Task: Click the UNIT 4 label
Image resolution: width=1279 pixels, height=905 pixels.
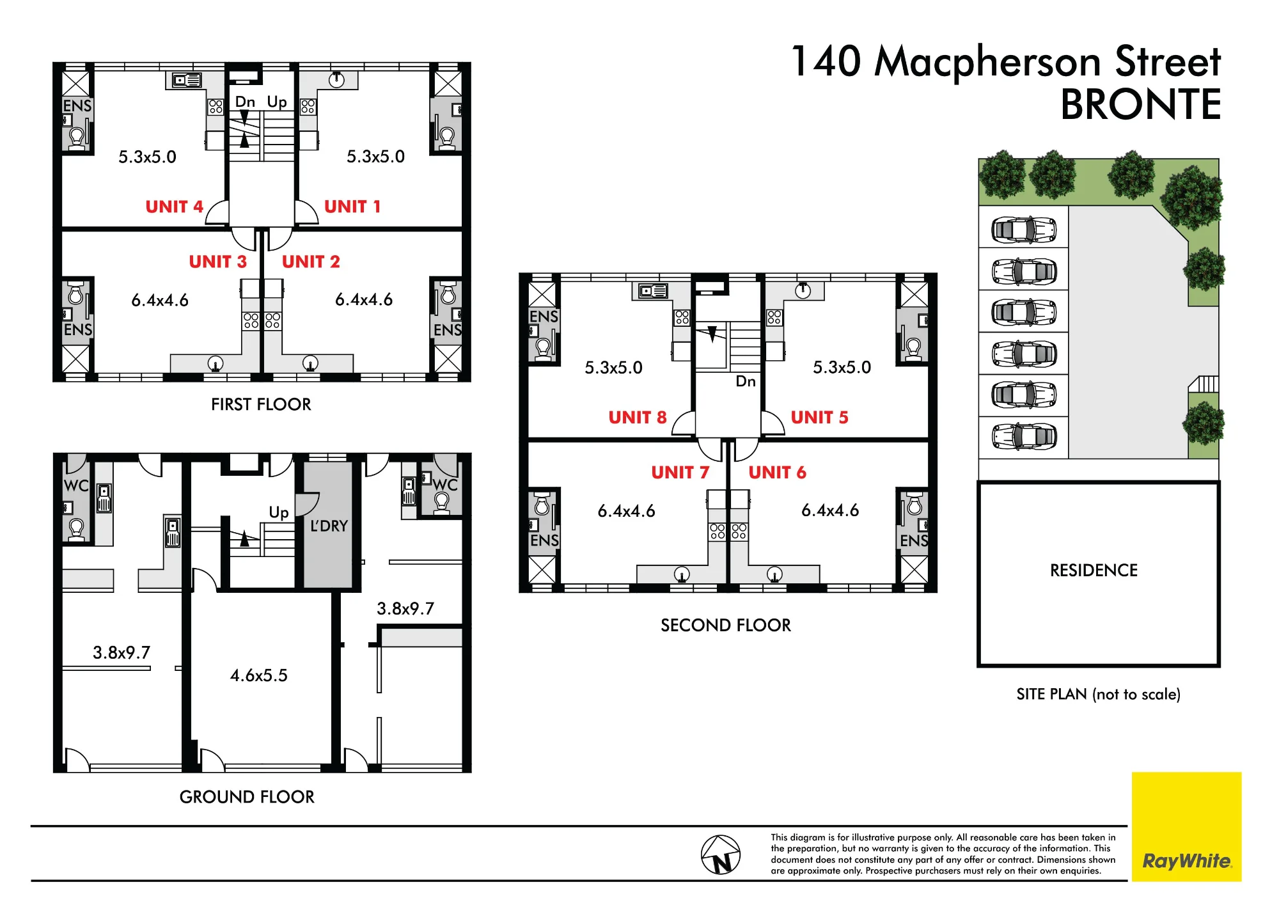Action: (174, 207)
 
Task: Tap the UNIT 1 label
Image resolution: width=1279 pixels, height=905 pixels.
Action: (352, 207)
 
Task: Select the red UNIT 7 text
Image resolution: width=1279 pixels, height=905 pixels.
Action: (680, 472)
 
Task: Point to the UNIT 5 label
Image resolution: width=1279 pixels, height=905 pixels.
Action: (819, 417)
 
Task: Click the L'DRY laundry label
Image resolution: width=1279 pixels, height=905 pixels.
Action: (329, 526)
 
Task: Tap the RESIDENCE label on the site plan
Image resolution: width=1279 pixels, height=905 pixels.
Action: (1094, 570)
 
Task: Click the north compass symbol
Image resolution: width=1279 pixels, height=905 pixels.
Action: (721, 854)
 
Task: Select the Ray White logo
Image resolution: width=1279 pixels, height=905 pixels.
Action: (1186, 826)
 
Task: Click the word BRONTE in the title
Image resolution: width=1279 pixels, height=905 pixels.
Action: (1141, 104)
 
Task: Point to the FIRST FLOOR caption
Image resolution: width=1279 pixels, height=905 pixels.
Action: (261, 404)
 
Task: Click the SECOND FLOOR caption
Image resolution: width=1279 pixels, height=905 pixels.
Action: (726, 625)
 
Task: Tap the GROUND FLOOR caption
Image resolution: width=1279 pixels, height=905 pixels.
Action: (247, 797)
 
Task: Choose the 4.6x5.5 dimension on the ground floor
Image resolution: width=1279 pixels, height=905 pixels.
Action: (259, 675)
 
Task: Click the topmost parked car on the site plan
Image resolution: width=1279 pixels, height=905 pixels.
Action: (1023, 230)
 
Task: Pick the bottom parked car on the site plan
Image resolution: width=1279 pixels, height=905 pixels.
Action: (1023, 437)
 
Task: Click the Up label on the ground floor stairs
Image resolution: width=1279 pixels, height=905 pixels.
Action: (279, 512)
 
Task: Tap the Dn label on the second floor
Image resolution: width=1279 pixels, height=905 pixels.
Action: (746, 381)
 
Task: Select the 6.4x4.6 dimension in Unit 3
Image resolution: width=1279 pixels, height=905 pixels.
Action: (160, 300)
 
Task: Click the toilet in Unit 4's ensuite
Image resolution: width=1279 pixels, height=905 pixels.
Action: (77, 138)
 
